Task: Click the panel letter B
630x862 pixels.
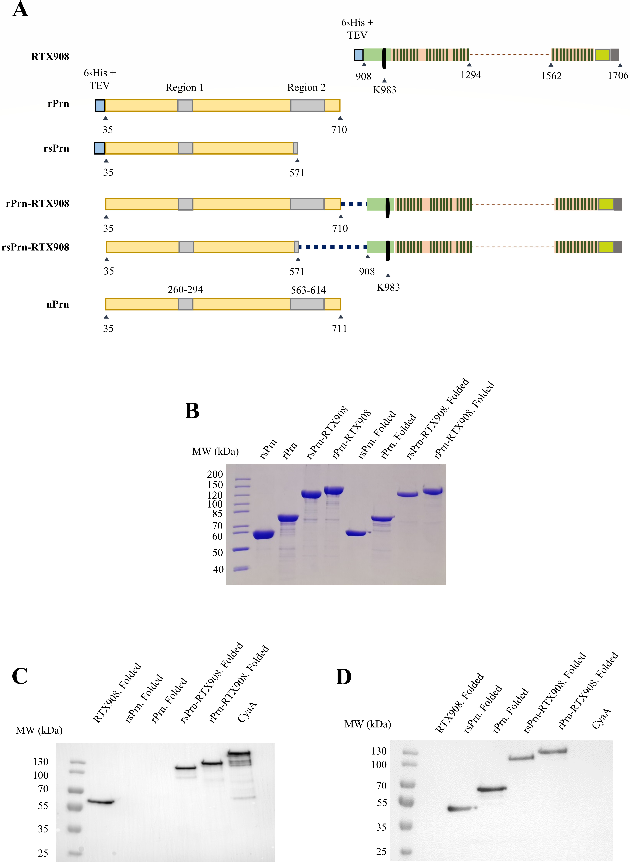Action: tap(192, 411)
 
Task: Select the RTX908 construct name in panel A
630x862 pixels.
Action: tap(50, 56)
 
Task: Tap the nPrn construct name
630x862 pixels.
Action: tap(58, 304)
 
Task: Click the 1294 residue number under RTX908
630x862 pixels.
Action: tap(471, 75)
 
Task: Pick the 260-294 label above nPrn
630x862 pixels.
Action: tap(185, 290)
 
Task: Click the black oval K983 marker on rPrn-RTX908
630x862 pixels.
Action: tap(388, 208)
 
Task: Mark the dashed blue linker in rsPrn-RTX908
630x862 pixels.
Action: tap(333, 247)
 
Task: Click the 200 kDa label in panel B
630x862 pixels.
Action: tap(215, 474)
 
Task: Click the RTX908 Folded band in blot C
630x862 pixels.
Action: tap(101, 802)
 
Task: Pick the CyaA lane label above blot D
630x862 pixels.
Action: tap(601, 718)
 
